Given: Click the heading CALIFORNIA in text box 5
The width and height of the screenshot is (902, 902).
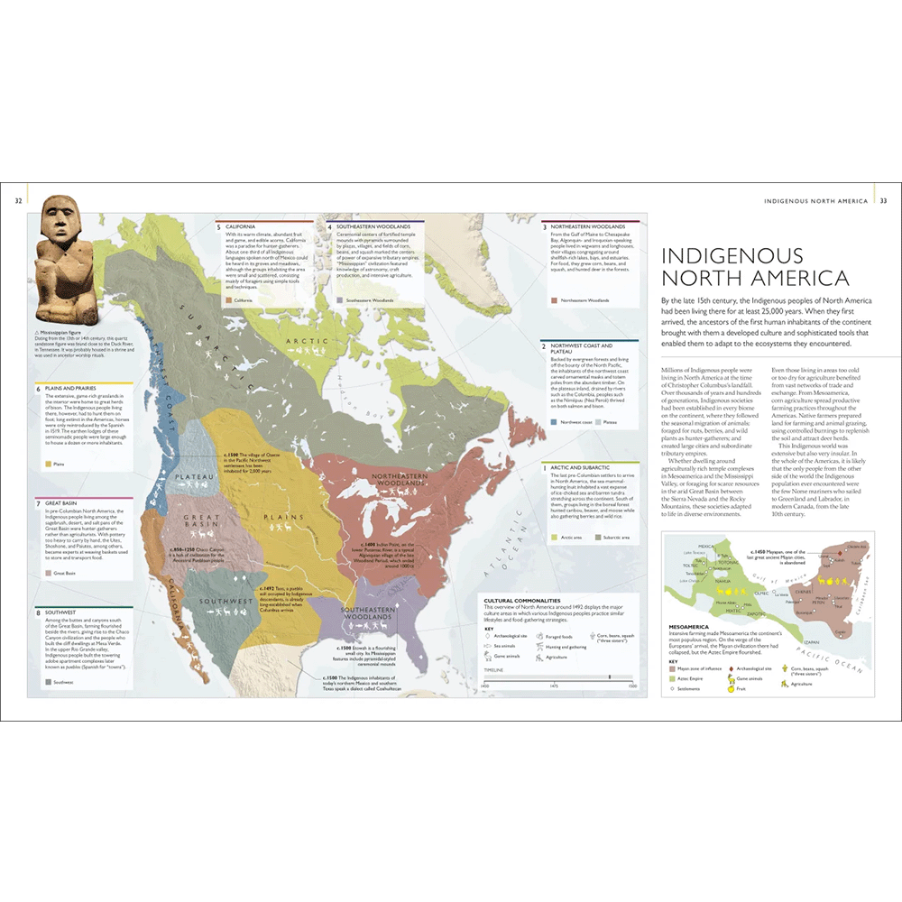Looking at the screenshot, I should (x=241, y=226).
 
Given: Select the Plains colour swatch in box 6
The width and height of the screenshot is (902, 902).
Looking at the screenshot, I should (x=47, y=464).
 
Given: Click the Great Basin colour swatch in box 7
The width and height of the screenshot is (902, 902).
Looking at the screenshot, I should (x=46, y=573).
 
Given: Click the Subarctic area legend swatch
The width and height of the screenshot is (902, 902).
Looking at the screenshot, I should (x=596, y=537).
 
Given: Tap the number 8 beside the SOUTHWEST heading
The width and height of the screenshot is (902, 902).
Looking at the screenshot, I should (x=37, y=612).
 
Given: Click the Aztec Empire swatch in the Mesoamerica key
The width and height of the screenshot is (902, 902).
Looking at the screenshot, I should (x=673, y=676).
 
